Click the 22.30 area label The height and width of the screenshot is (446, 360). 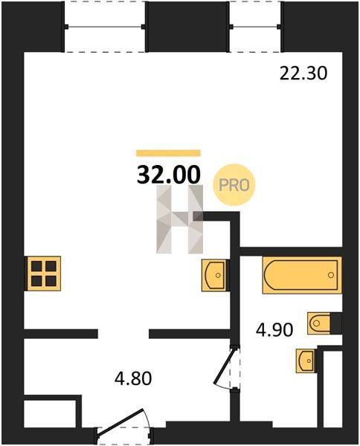pos(303,74)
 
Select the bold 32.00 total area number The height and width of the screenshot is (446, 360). pos(169,175)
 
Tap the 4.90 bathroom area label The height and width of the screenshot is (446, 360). pos(274,330)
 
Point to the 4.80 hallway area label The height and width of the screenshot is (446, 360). pos(133,378)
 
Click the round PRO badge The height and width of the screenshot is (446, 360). pos(234,185)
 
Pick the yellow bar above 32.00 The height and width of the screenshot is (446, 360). pos(169,153)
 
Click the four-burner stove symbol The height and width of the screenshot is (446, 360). pos(44,274)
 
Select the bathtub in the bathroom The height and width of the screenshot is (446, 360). pos(302,275)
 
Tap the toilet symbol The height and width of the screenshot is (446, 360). pos(319,323)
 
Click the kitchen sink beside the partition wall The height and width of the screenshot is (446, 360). pos(215,275)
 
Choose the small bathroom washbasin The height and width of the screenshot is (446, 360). pos(306,361)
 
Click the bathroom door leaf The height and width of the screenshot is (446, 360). pos(225,365)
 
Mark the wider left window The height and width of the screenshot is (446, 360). pos(105,27)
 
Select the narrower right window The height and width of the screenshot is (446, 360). pos(255,27)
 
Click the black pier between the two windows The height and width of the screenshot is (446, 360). pos(187,27)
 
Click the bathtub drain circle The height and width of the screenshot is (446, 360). pos(331,275)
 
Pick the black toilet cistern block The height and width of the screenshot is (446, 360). pos(336,323)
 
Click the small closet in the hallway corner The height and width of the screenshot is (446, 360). pos(50,413)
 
